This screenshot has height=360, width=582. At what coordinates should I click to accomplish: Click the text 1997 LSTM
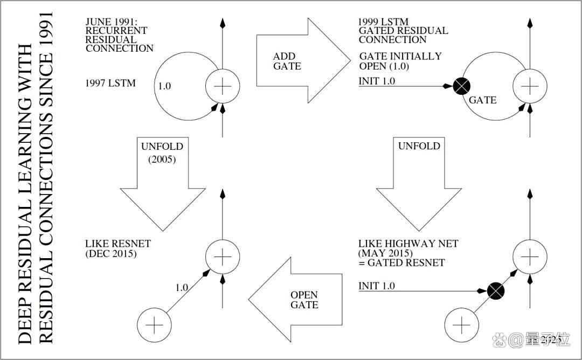[x=110, y=83]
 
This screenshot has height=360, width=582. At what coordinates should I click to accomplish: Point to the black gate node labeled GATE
[x=461, y=86]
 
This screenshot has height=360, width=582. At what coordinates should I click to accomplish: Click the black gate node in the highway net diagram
[x=496, y=290]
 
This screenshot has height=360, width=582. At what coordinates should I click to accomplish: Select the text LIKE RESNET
[x=118, y=244]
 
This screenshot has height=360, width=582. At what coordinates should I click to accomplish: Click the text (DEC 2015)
[x=111, y=253]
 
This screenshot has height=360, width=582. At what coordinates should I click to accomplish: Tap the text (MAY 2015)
[x=385, y=253]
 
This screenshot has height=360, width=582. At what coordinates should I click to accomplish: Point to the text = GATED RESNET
[x=401, y=263]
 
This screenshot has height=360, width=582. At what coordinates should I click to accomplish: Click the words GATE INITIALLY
[x=400, y=57]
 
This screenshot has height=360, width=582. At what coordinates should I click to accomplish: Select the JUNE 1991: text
[x=112, y=22]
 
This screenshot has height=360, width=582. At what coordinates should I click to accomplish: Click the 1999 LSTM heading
[x=384, y=22]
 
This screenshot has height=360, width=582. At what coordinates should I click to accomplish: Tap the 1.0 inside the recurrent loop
[x=164, y=86]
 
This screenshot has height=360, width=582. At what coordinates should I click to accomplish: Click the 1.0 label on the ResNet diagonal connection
[x=182, y=288]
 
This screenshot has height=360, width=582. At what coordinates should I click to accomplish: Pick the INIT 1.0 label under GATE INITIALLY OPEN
[x=377, y=81]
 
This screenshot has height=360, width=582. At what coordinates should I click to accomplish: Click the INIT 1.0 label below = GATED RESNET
[x=376, y=286]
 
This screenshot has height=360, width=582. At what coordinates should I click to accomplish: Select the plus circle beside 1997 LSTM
[x=223, y=86]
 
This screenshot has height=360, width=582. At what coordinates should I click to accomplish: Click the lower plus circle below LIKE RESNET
[x=155, y=325]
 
